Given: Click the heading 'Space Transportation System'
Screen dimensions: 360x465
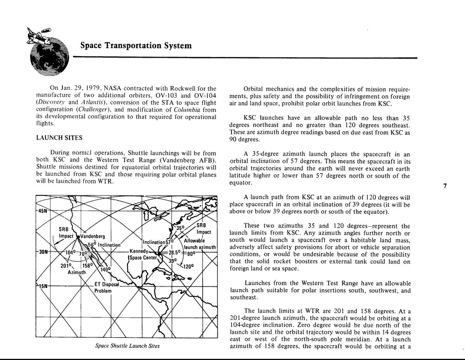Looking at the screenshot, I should point(136,45).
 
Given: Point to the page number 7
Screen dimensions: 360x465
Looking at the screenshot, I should point(444,186).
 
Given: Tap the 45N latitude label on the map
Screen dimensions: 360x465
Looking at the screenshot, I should point(42,211).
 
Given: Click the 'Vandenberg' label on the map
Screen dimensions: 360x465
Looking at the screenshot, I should point(93,236).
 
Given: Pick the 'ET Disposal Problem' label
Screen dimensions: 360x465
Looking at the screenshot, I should point(106,287).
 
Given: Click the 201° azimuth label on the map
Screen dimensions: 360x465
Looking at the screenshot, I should point(66,266).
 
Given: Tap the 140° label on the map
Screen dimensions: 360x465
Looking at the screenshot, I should point(105,269).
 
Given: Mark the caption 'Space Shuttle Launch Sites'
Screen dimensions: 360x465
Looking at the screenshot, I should point(128,346).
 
